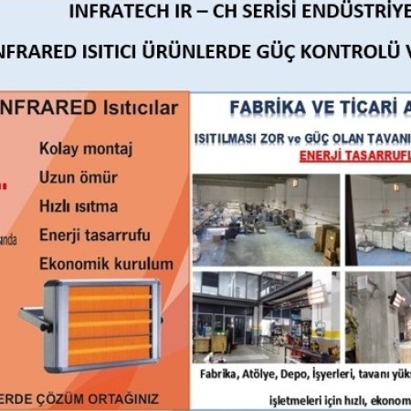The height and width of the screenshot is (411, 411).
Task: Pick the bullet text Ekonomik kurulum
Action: [x=106, y=263]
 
